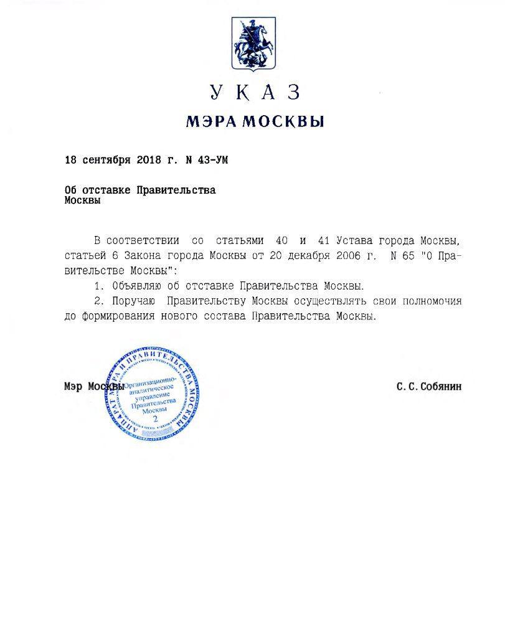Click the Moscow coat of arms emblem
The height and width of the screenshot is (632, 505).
(253, 43)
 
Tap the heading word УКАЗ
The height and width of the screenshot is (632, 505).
(255, 92)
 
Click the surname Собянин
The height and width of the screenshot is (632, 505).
(440, 387)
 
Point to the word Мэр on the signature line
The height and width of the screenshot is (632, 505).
(73, 387)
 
